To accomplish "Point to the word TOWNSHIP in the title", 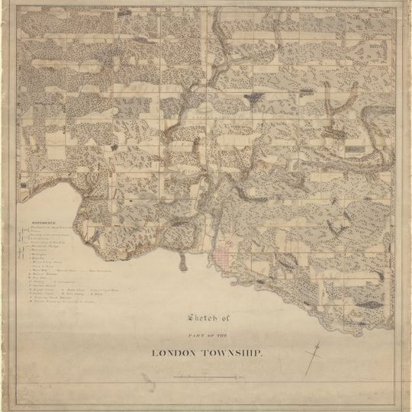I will (233, 353).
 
